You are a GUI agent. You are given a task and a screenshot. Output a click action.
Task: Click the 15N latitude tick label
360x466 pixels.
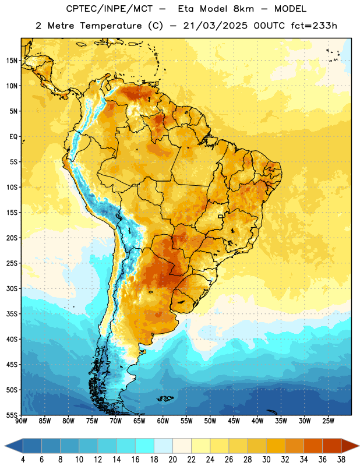(12, 61)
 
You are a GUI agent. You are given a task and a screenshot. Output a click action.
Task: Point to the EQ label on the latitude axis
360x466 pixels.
(13, 137)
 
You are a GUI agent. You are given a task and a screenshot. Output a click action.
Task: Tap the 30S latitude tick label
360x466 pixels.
(12, 288)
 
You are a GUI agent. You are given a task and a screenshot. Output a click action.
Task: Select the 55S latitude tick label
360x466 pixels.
(12, 415)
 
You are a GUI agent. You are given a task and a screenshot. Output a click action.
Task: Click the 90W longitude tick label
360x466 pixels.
(21, 421)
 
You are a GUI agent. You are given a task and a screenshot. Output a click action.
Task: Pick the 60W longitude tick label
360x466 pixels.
(163, 421)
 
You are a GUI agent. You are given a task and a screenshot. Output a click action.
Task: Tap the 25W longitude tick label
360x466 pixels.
(328, 421)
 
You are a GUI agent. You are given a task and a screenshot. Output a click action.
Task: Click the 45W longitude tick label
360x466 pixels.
(234, 421)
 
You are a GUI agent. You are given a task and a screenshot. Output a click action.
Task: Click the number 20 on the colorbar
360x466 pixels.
(172, 460)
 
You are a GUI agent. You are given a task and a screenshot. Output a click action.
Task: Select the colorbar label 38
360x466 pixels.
(341, 460)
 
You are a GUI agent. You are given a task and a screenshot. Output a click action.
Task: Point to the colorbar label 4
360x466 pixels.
(23, 460)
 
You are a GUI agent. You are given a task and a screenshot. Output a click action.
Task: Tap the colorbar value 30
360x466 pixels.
(266, 460)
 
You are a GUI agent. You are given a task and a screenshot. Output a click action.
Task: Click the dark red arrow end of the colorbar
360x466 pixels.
(350, 446)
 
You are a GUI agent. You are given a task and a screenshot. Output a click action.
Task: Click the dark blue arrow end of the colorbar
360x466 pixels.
(14, 446)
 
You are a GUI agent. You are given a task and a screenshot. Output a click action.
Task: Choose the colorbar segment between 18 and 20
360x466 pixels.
(163, 446)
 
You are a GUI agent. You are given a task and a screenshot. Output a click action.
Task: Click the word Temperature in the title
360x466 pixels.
(111, 26)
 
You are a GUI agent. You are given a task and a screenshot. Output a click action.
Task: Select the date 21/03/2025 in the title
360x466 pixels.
(215, 26)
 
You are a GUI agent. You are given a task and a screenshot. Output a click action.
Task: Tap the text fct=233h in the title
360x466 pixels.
(313, 26)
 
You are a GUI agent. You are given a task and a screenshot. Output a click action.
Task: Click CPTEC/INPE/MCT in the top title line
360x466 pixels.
(109, 9)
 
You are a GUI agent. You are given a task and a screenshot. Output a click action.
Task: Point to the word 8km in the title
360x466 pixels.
(243, 9)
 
